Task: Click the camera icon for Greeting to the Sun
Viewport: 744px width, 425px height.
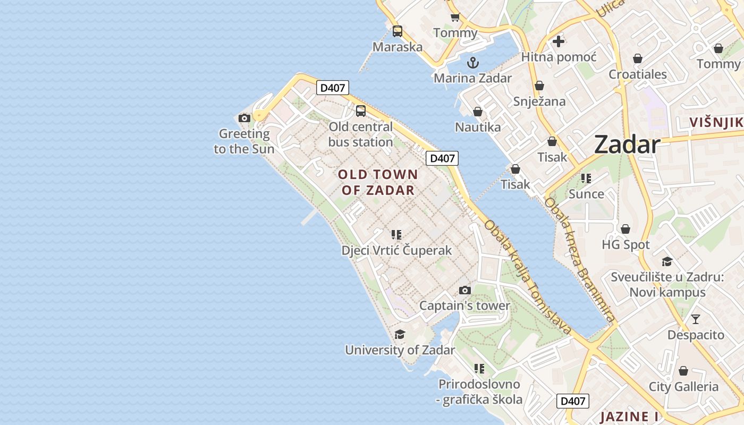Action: pyautogui.click(x=244, y=118)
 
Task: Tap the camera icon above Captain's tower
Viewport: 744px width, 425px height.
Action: pyautogui.click(x=465, y=290)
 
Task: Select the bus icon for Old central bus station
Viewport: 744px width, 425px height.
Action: pyautogui.click(x=361, y=111)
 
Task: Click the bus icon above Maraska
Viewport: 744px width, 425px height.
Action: pyautogui.click(x=398, y=31)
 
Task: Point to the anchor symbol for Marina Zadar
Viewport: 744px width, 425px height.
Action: pyautogui.click(x=472, y=63)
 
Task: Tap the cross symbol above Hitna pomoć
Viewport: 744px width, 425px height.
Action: pyautogui.click(x=558, y=41)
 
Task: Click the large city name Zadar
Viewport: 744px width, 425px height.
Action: pyautogui.click(x=627, y=144)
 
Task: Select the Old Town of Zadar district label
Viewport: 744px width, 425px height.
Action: pyautogui.click(x=378, y=182)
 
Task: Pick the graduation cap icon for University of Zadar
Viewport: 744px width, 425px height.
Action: pyautogui.click(x=400, y=334)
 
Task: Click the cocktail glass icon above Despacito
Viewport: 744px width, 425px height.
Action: pyautogui.click(x=695, y=319)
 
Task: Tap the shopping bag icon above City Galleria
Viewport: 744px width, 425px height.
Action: pyautogui.click(x=683, y=371)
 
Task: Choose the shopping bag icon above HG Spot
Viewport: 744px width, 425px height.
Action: pyautogui.click(x=625, y=229)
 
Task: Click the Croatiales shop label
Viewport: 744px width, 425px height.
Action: pyautogui.click(x=637, y=74)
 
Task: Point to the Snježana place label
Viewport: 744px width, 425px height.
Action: pyautogui.click(x=539, y=101)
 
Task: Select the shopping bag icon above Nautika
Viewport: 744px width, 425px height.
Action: pyautogui.click(x=478, y=112)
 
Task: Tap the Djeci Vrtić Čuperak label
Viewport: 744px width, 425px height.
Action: pyautogui.click(x=396, y=250)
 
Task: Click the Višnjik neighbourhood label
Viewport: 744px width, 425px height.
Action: pyautogui.click(x=716, y=123)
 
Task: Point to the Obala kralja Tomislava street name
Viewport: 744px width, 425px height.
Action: pyautogui.click(x=528, y=277)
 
